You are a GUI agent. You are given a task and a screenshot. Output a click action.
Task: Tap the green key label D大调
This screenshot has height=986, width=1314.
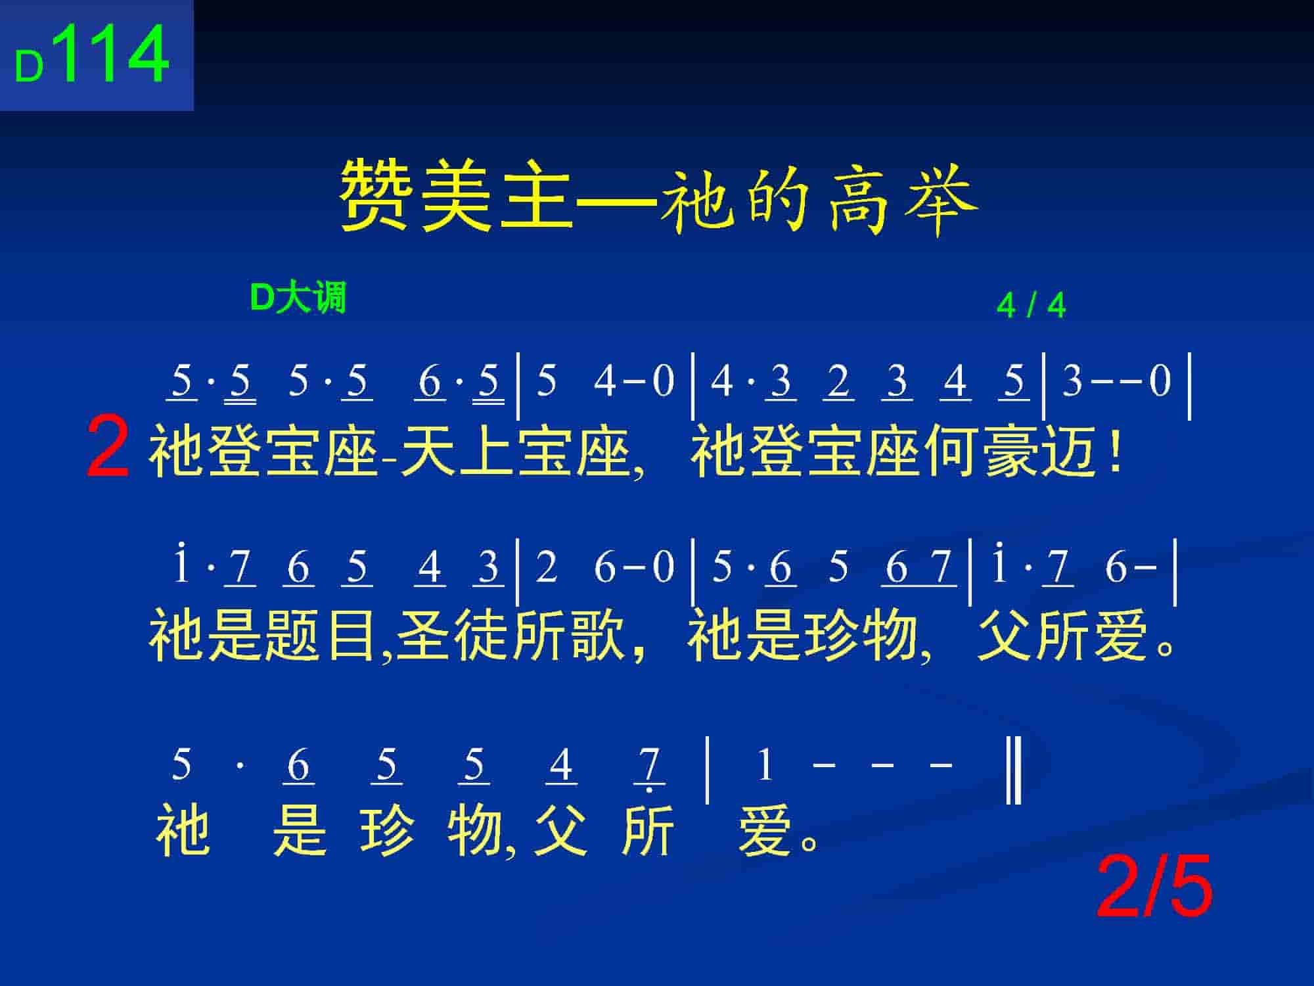click(298, 298)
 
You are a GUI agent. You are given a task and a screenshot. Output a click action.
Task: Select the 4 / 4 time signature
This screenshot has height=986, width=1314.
click(1031, 306)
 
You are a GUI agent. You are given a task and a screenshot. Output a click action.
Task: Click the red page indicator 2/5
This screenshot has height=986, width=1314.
click(1154, 887)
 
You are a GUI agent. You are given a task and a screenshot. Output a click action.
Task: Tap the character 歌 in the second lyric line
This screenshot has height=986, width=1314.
click(597, 635)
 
